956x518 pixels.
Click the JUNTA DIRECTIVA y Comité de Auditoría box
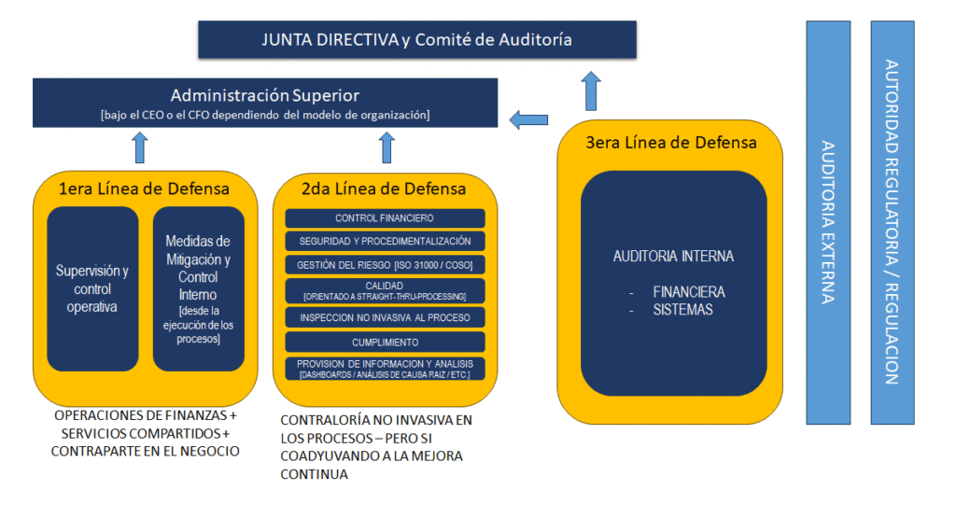(417, 39)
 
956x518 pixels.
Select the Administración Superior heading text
(264, 95)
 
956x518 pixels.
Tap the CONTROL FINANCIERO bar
(385, 218)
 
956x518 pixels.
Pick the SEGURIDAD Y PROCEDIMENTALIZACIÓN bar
(385, 242)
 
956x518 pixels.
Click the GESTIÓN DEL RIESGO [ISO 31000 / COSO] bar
(385, 265)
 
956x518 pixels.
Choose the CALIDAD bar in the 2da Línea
(385, 290)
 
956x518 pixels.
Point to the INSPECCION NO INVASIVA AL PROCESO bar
(385, 317)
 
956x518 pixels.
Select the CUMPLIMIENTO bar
(385, 343)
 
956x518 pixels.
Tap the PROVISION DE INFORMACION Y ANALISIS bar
(385, 369)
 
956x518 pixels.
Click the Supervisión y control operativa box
(92, 288)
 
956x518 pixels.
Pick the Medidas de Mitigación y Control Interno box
(198, 288)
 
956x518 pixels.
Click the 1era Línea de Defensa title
(144, 189)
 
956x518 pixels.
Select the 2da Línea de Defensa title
(384, 189)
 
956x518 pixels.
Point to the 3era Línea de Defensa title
(671, 143)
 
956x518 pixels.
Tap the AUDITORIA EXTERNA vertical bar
(828, 222)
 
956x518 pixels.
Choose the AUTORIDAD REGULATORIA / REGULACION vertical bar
(893, 222)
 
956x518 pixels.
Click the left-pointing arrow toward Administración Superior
(528, 119)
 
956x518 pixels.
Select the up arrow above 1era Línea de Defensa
(140, 147)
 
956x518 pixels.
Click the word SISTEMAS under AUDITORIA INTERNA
(682, 310)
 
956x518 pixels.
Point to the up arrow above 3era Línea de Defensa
(591, 91)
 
